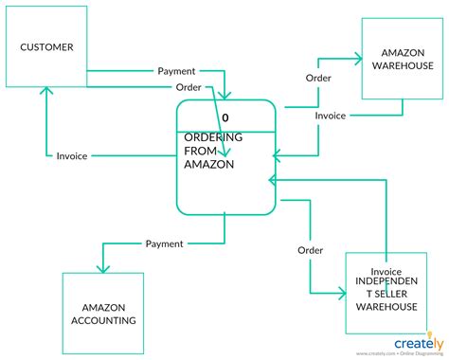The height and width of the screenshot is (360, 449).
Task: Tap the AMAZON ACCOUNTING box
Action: point(103,314)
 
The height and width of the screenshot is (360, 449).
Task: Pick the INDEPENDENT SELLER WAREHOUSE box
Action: point(386,294)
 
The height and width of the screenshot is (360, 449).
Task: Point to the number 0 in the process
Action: point(225,118)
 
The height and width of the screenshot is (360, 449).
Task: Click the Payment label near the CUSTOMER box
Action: point(176,70)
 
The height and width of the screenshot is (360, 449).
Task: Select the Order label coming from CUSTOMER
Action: point(189,88)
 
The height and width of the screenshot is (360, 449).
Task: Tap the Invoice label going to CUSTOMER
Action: point(73,156)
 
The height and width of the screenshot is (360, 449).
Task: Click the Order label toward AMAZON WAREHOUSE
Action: point(318,78)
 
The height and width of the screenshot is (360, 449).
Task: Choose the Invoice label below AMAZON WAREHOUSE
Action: point(330,116)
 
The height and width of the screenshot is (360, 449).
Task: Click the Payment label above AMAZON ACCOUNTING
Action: point(165,244)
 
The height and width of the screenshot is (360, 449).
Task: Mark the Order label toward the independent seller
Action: point(310,251)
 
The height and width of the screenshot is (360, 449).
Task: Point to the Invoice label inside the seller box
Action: point(386,271)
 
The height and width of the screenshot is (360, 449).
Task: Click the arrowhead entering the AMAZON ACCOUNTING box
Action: point(102,268)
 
